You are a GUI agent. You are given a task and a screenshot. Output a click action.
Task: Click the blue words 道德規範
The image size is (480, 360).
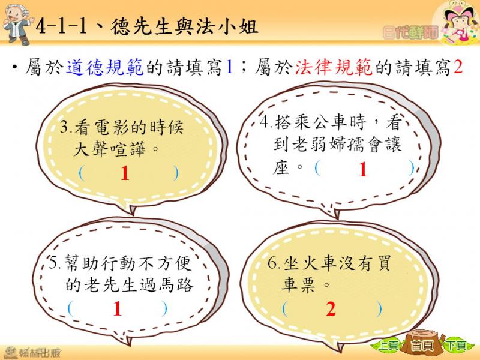click(104, 67)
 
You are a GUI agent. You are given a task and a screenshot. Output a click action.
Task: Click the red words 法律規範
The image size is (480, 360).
click(334, 67)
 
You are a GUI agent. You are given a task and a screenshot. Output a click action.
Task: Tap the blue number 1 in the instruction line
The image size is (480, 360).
click(229, 67)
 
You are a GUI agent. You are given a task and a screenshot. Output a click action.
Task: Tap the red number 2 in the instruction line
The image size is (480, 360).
click(458, 67)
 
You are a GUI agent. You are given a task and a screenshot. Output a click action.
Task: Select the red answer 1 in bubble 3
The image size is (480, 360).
click(125, 173)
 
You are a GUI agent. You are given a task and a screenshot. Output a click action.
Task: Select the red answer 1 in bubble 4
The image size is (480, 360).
click(363, 169)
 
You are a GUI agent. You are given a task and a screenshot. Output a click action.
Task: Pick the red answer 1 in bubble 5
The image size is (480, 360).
click(118, 308)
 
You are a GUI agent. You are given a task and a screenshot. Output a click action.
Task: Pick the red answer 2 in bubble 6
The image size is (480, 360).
click(331, 308)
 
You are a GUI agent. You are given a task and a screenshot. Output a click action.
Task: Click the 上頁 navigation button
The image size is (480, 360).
click(387, 346)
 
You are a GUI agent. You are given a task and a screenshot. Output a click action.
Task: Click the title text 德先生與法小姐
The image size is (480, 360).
click(184, 26)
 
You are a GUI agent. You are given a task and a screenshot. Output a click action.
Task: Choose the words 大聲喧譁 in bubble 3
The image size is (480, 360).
click(110, 149)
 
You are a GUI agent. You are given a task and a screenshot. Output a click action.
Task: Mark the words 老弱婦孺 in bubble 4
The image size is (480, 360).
click(328, 144)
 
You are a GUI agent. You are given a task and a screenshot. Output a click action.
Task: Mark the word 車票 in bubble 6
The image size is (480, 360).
click(298, 284)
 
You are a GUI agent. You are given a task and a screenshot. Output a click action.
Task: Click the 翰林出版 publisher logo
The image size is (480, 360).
click(32, 353)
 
